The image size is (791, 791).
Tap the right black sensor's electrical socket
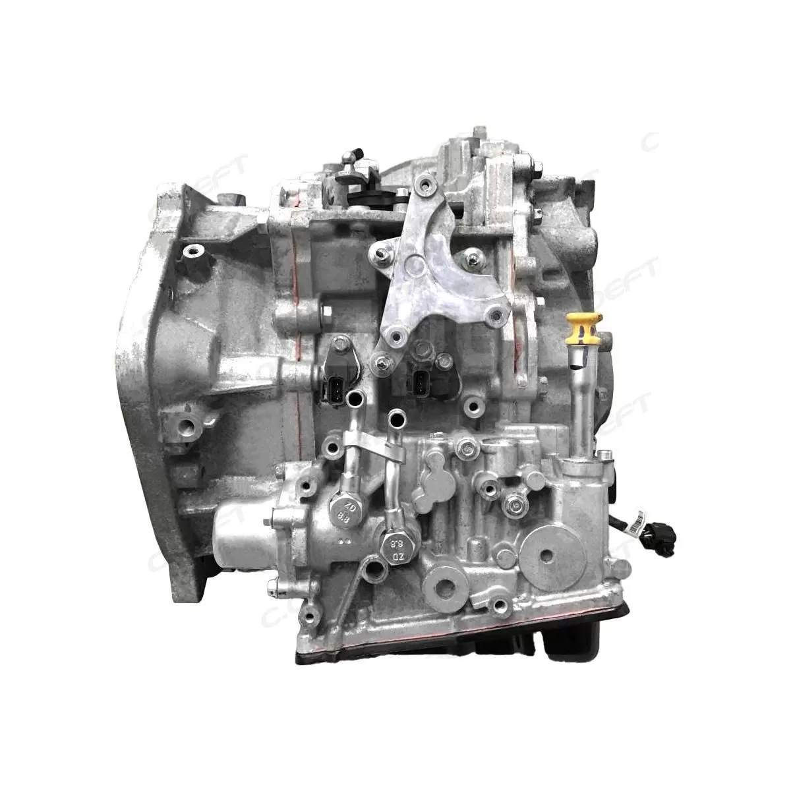click(x=420, y=382)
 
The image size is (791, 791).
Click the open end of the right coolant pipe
click(x=397, y=417)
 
